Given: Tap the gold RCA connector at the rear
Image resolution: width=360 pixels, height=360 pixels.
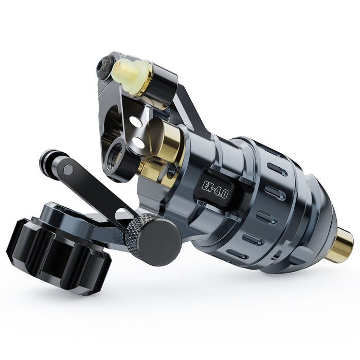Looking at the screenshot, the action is [341, 245].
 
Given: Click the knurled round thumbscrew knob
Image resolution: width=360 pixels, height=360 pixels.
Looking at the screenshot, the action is [154, 239].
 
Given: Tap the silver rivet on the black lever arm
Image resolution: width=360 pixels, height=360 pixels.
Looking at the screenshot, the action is [68, 170].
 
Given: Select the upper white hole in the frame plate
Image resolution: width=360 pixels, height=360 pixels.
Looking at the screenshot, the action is [136, 122].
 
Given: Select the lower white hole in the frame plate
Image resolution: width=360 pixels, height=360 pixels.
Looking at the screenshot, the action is [138, 142].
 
